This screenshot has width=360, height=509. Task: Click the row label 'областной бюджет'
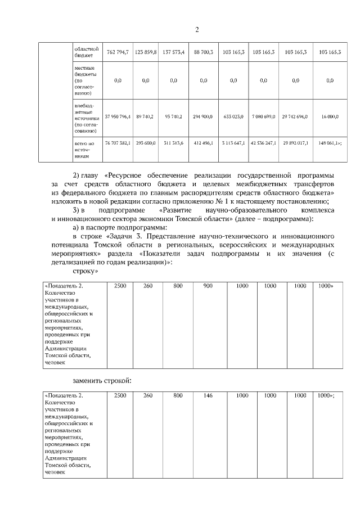pos(87,52)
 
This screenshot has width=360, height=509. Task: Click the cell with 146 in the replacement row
pos(208,396)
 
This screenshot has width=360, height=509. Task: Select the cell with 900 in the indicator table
pos(208,286)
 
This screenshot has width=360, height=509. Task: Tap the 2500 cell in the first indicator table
pos(120,286)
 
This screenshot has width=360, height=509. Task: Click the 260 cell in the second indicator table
pos(148,396)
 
